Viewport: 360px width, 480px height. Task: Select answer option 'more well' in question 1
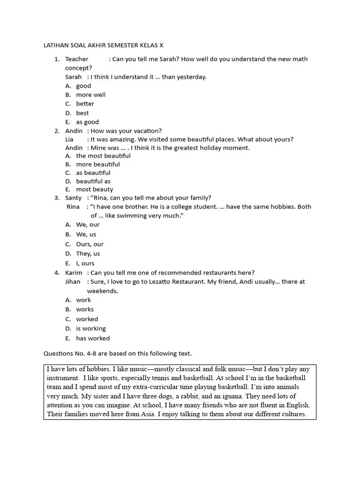point(90,95)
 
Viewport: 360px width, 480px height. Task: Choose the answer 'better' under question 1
point(85,104)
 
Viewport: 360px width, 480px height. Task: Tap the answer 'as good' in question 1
point(87,122)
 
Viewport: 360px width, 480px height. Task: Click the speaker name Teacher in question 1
point(76,59)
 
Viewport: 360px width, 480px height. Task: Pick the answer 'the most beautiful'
point(103,156)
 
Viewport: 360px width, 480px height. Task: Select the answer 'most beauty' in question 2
point(94,189)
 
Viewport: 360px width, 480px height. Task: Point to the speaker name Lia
point(69,139)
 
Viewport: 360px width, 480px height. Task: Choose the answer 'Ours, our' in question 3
point(90,244)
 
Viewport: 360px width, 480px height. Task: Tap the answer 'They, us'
point(88,254)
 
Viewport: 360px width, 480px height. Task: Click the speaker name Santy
point(73,198)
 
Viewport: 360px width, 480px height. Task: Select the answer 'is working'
point(91,329)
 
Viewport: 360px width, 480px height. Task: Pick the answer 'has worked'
point(93,338)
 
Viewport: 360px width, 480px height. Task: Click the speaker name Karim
point(74,273)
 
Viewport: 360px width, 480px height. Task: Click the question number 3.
point(56,198)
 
